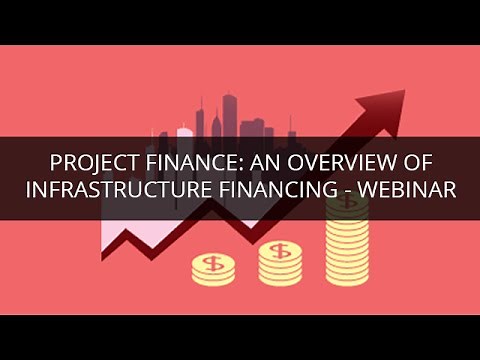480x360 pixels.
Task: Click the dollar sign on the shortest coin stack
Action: [212, 264]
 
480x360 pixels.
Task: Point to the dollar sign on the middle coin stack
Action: [280, 250]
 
